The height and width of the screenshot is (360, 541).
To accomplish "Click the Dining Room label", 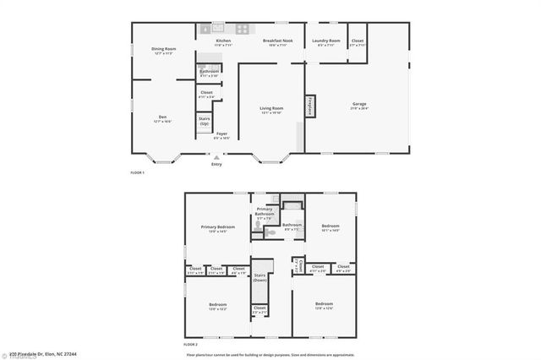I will pos(163,51).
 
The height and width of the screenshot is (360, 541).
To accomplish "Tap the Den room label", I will pos(162,119).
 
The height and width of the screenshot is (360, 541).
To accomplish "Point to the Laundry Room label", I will pos(325,42).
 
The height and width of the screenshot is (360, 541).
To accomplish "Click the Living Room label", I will pos(270,110).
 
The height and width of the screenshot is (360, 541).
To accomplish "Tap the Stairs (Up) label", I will pos(205,121).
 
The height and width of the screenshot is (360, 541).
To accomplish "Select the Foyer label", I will pos(221,135).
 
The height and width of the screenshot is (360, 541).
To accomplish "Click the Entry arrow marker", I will pos(217,156).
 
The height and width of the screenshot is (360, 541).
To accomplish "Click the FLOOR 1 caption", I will pos(137,172).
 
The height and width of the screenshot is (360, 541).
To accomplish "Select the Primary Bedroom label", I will pos(218,229).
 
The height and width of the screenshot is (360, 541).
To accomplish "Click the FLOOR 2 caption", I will pos(191,345).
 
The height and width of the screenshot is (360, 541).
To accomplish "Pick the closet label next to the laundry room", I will pos(358,42).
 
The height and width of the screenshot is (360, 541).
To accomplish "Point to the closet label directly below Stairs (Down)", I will pos(259,310).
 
